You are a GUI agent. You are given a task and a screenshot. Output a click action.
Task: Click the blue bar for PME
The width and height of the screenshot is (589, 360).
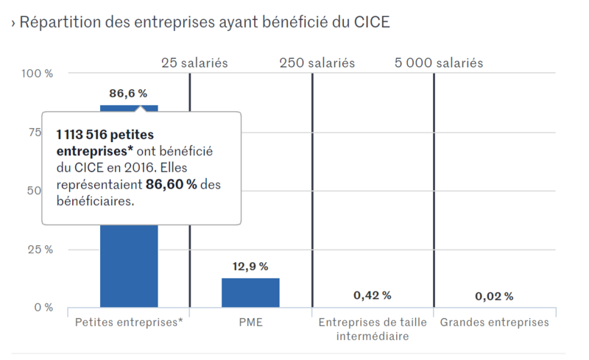250,292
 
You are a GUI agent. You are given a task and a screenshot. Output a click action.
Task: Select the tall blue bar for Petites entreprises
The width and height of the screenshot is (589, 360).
129,265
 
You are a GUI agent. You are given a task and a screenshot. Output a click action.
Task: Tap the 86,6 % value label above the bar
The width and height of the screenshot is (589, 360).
128,93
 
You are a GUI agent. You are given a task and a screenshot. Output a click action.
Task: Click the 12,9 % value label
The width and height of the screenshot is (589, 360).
250,267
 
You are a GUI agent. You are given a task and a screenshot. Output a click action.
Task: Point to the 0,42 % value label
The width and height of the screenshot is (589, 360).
373,295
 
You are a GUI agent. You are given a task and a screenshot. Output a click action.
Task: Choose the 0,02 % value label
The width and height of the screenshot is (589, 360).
494,296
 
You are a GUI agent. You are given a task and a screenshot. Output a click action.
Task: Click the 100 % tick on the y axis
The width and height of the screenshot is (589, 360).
38,74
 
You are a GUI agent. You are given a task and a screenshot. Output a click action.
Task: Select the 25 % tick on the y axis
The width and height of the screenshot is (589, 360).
41,249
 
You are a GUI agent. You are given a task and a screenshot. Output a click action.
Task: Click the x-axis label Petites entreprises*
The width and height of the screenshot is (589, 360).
129,322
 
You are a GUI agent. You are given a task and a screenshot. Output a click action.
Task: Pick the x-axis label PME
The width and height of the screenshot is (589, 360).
250,322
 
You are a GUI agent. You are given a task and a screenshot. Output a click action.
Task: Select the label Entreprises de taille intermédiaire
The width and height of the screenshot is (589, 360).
373,329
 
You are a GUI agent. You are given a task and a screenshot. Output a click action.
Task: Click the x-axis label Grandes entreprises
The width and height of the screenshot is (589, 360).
494,322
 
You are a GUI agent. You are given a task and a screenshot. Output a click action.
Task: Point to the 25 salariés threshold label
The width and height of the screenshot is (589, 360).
194,63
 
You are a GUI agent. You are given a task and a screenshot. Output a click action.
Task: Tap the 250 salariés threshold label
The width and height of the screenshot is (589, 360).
317,63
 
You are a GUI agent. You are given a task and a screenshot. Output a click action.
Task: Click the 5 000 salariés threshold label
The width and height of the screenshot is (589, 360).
439,63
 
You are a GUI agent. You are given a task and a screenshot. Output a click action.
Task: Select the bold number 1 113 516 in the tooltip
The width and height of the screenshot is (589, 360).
89,135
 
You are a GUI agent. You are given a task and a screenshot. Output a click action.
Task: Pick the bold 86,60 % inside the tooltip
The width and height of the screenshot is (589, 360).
172,184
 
